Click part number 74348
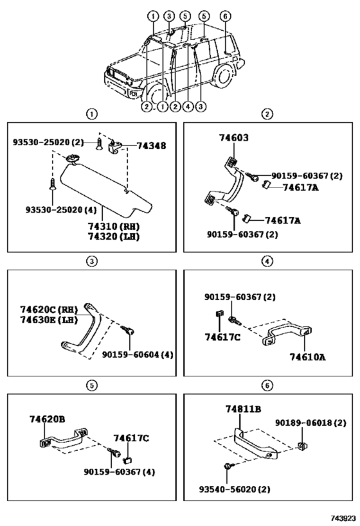pyautogui.click(x=151, y=146)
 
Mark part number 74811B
pyautogui.click(x=243, y=408)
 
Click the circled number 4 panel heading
pyautogui.click(x=267, y=261)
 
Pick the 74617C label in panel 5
pyautogui.click(x=130, y=437)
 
